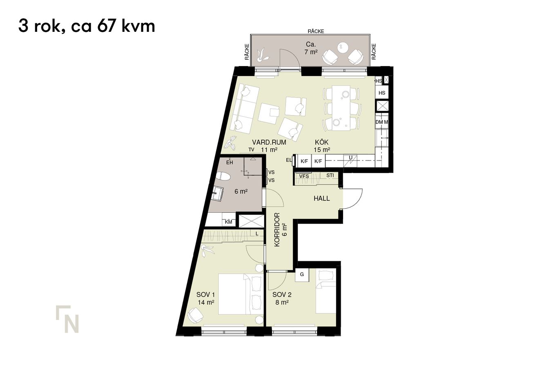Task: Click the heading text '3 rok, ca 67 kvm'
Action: (87, 26)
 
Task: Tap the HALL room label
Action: (321, 198)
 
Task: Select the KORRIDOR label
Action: (277, 229)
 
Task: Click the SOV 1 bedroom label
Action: (205, 294)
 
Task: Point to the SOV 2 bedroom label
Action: (282, 294)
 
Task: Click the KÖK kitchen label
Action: (321, 142)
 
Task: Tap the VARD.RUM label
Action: (269, 142)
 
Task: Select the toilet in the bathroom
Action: (223, 177)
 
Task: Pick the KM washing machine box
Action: (229, 222)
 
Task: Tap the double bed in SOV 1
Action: (241, 294)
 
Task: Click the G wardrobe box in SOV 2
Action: (302, 275)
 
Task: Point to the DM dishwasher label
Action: (379, 122)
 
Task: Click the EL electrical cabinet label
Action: (289, 160)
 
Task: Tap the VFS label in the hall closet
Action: (304, 176)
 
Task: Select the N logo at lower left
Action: (67, 319)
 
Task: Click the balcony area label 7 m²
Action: (311, 52)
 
